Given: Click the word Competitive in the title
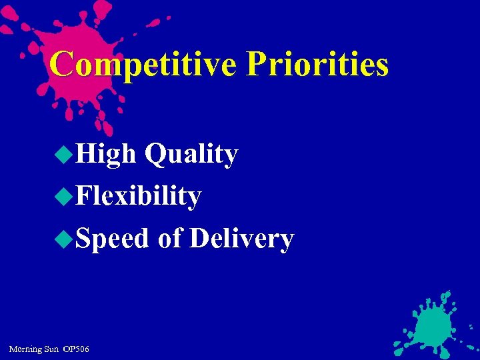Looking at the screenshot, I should [x=143, y=65].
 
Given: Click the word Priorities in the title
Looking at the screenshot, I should [x=317, y=65].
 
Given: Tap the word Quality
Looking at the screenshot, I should [x=191, y=155].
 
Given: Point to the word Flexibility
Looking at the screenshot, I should [x=138, y=197].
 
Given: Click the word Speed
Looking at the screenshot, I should [x=112, y=239].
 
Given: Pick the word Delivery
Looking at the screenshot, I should [x=241, y=239].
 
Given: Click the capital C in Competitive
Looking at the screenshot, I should [x=61, y=65].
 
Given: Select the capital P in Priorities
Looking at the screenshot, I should [x=257, y=65].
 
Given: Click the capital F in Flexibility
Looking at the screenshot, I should [x=83, y=197].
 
